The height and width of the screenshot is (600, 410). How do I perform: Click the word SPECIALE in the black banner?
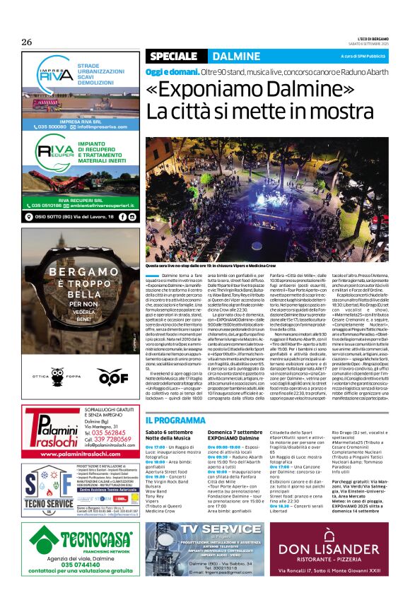[x=173, y=56]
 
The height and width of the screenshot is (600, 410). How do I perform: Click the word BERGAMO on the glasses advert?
[x=78, y=271]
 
